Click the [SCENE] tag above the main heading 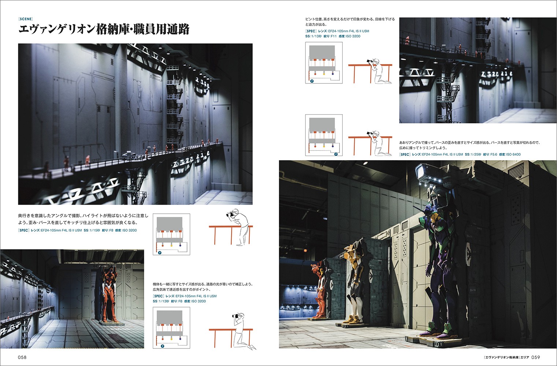click(26, 19)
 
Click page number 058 click(22, 357)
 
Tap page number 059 click(536, 357)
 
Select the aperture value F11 click(334, 36)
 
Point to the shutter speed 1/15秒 click(94, 230)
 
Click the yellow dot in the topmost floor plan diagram click(324, 74)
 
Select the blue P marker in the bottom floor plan click(162, 346)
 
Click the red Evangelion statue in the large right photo click(319, 291)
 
